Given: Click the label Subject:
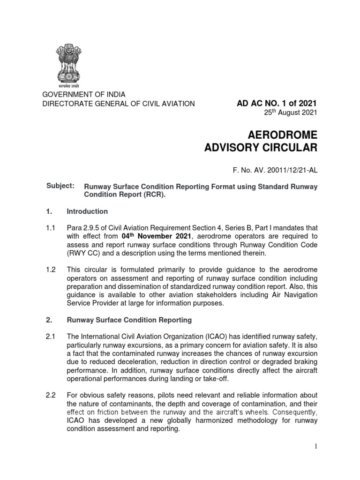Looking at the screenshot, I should [x=60, y=186].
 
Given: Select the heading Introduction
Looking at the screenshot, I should [x=87, y=211].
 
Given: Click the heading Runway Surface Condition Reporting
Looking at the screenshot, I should [x=129, y=320].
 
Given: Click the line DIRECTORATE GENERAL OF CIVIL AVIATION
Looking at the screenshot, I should [x=119, y=104].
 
